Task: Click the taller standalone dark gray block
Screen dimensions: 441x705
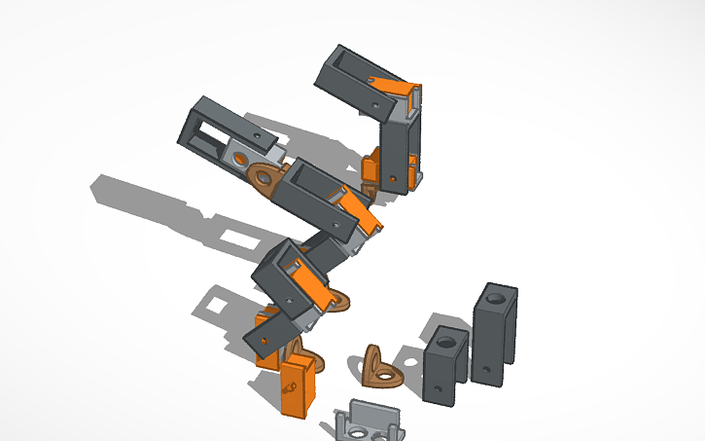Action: [x=494, y=336]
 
